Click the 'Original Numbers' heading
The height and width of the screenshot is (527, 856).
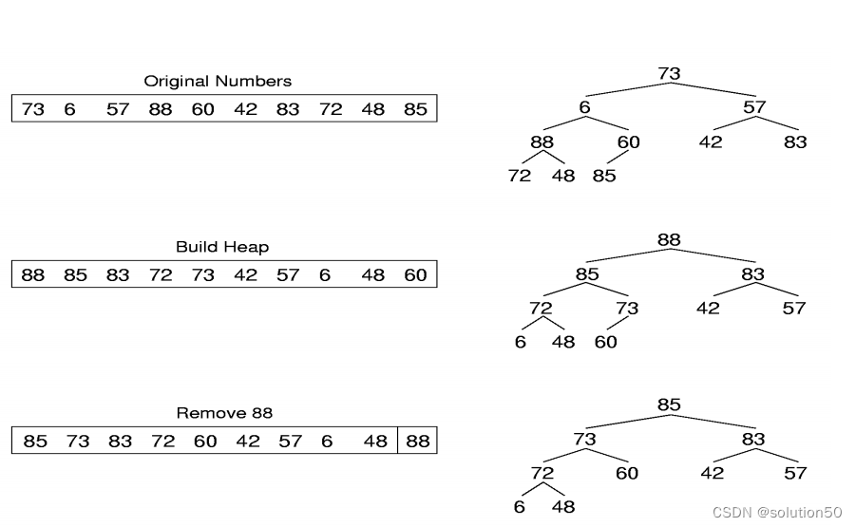pyautogui.click(x=218, y=82)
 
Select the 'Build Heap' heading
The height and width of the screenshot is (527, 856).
pyautogui.click(x=222, y=247)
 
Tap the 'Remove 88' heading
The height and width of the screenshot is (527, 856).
pyautogui.click(x=224, y=413)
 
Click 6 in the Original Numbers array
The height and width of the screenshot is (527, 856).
pyautogui.click(x=69, y=109)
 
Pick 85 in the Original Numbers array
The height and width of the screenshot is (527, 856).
pyautogui.click(x=415, y=109)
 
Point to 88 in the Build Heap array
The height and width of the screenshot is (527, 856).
pyautogui.click(x=33, y=275)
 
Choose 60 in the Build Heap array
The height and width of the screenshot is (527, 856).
pyautogui.click(x=415, y=275)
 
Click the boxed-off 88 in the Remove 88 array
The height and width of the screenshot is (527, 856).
pyautogui.click(x=417, y=442)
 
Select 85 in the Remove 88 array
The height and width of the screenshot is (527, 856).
pyautogui.click(x=35, y=442)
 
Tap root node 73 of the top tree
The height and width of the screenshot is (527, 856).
pyautogui.click(x=669, y=73)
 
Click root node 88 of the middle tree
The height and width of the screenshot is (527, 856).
pyautogui.click(x=669, y=239)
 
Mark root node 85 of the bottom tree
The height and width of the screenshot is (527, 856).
pyautogui.click(x=669, y=405)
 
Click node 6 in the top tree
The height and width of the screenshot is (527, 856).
pyautogui.click(x=584, y=107)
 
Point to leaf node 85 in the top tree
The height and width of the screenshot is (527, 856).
pyautogui.click(x=604, y=176)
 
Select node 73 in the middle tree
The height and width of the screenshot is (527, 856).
pyautogui.click(x=627, y=308)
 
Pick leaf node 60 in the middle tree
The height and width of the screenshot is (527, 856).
pyautogui.click(x=605, y=342)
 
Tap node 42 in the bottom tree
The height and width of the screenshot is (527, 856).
pyautogui.click(x=712, y=473)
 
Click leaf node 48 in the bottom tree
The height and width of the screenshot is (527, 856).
pyautogui.click(x=563, y=507)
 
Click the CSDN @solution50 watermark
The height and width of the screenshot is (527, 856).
pyautogui.click(x=777, y=513)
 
